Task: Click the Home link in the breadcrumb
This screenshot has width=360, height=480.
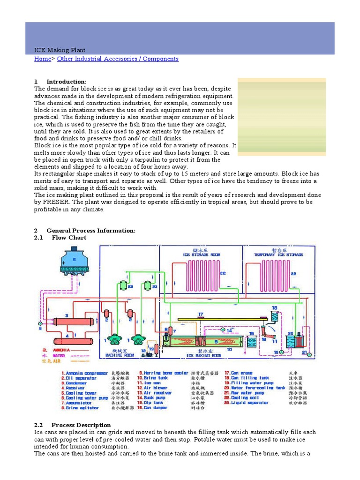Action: pyautogui.click(x=42, y=59)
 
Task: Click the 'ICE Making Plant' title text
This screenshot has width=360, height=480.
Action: pyautogui.click(x=60, y=50)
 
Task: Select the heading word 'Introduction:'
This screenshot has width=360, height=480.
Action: pyautogui.click(x=67, y=82)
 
